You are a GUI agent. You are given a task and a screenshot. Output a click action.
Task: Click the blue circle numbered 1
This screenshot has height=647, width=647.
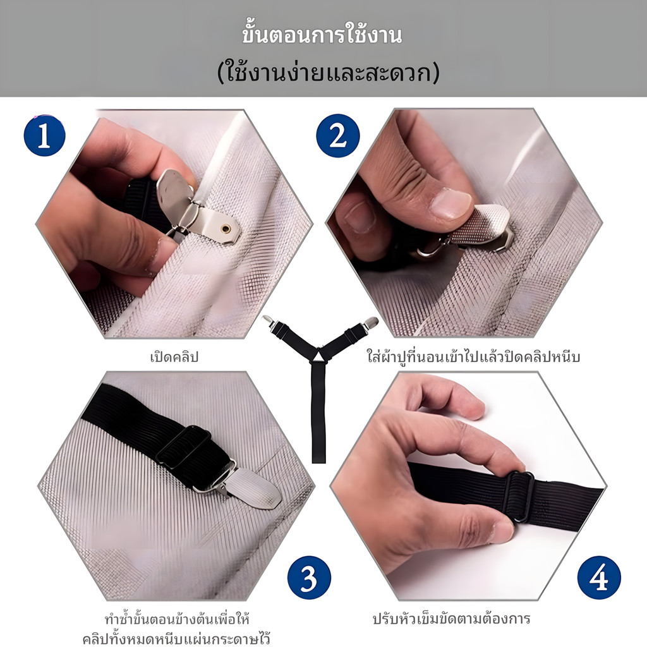[45, 136]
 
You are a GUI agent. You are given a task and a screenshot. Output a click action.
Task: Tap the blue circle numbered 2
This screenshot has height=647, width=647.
[338, 136]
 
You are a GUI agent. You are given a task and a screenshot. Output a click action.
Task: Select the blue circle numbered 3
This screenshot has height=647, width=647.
[309, 577]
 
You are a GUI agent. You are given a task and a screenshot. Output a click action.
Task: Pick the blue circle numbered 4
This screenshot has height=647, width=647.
[599, 577]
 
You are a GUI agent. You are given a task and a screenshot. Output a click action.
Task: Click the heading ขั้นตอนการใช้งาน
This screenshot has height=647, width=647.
[322, 35]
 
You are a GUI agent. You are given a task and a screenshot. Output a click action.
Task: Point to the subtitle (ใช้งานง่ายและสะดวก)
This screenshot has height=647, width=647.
[329, 73]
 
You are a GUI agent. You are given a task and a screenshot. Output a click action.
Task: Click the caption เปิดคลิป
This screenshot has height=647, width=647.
[174, 356]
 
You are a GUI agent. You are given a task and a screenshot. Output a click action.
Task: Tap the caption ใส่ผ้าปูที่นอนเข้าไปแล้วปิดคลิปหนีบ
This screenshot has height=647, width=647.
[473, 355]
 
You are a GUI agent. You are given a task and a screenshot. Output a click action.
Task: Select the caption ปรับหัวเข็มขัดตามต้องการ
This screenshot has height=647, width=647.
[451, 619]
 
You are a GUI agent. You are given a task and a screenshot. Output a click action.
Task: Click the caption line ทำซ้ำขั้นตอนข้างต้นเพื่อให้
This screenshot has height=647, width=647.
[177, 619]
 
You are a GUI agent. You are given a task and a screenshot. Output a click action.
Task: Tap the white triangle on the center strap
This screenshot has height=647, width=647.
[318, 355]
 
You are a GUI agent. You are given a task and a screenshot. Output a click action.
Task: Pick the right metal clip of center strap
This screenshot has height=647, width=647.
[369, 323]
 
